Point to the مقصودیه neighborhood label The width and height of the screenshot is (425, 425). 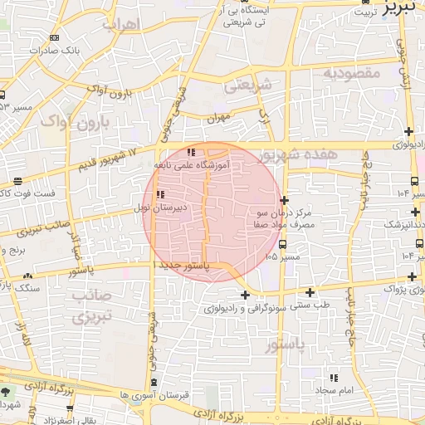(x=350, y=74)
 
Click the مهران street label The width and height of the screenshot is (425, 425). (x=218, y=119)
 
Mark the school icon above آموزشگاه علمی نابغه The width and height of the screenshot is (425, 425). (x=192, y=152)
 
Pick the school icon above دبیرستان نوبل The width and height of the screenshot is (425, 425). (x=159, y=195)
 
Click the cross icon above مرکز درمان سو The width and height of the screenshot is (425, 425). (x=285, y=200)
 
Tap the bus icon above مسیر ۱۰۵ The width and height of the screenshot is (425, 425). (x=283, y=245)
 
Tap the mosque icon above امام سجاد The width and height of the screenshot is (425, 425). (x=334, y=377)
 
